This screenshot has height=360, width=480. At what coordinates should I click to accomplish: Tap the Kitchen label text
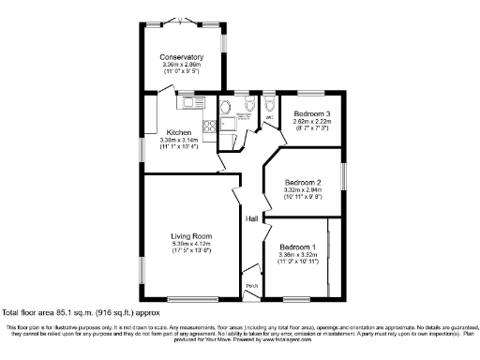(180, 132)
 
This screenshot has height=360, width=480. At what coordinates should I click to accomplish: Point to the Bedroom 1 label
(298, 247)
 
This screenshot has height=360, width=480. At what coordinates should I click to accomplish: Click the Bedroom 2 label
(304, 182)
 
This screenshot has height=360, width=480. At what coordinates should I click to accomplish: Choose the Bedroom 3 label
(312, 113)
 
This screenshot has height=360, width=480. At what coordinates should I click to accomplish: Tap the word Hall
(252, 218)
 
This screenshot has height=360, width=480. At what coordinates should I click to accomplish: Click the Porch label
(251, 286)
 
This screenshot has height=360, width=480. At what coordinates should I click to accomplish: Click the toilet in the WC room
(270, 105)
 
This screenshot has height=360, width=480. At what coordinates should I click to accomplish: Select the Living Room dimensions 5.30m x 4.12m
(190, 244)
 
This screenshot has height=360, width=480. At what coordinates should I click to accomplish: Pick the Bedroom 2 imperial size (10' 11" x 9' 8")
(304, 198)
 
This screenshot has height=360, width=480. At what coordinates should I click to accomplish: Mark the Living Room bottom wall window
(190, 299)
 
